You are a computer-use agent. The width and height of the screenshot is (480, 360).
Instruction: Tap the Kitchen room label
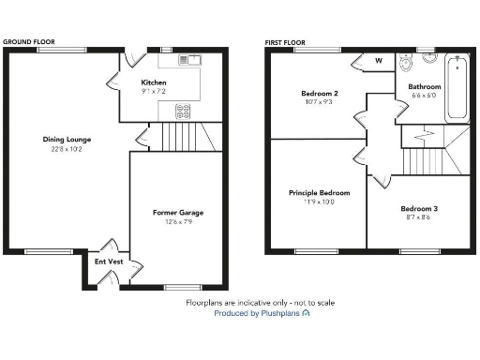[x=154, y=82]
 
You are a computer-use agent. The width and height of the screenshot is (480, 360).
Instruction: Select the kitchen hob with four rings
[x=184, y=110]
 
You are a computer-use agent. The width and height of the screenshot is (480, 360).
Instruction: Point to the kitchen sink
[x=189, y=60]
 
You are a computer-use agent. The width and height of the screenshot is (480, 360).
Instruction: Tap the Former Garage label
[x=178, y=213]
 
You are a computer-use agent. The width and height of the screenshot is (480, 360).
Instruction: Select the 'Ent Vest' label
[x=109, y=262]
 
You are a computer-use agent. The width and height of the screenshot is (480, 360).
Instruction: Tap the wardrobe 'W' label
[x=380, y=61]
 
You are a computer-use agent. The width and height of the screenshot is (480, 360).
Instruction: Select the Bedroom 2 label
[x=319, y=93]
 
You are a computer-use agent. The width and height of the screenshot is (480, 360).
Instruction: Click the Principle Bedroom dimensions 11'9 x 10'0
[x=319, y=202]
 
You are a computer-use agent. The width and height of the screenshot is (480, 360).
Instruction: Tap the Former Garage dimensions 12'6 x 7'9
[x=178, y=221]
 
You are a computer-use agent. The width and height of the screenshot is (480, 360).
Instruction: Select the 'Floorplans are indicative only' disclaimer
[x=260, y=303]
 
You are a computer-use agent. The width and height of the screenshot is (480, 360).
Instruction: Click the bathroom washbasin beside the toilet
[x=429, y=57]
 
